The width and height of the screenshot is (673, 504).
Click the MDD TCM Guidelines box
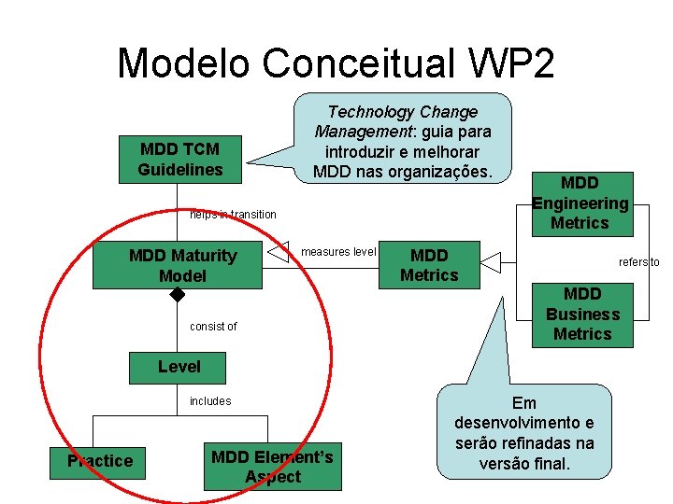point(180,160)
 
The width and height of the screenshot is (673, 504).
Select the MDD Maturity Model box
point(182,265)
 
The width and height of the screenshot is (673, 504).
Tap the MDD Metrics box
point(429,265)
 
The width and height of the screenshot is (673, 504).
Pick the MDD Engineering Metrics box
point(580,203)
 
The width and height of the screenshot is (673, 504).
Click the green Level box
point(179,367)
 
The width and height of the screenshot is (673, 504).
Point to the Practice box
point(100,461)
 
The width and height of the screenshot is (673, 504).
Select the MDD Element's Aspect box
point(272,466)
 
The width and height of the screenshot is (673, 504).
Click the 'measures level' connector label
point(338,252)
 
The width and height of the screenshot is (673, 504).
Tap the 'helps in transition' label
point(233,215)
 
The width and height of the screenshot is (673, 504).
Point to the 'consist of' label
point(213,327)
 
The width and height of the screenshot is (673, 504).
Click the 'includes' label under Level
point(210,401)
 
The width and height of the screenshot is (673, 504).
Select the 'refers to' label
point(639,262)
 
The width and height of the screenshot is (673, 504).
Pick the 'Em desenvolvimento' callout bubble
point(523,432)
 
